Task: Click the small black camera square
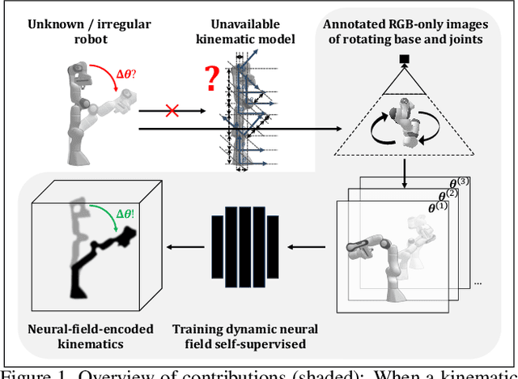401,57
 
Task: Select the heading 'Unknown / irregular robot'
85,28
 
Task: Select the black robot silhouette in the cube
93,243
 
